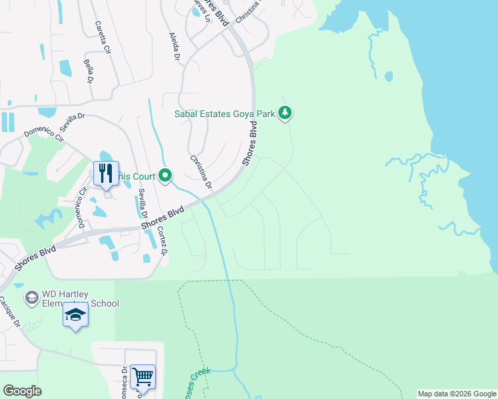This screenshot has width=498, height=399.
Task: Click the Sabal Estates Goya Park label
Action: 224,114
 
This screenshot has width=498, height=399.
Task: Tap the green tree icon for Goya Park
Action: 285,113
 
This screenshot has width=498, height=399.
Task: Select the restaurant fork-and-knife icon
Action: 106,174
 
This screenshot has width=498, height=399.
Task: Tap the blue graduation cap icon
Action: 76,315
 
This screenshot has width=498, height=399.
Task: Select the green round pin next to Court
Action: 165,176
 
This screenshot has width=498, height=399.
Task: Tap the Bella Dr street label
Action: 88,70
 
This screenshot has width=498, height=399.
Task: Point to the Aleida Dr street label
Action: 175,47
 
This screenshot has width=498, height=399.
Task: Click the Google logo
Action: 22,391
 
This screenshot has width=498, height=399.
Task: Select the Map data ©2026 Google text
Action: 457,394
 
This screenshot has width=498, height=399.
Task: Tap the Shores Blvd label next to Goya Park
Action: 250,143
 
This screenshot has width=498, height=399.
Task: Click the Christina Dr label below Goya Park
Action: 200,171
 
